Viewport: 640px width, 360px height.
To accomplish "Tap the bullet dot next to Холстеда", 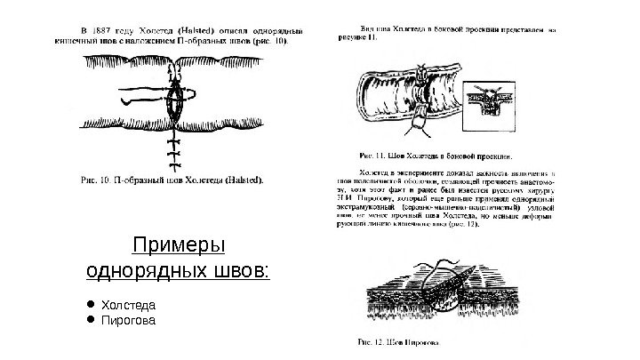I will pos(91,304).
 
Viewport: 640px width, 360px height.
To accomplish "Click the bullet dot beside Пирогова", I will pos(91,319).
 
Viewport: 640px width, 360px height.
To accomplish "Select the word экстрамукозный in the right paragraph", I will pos(366,206).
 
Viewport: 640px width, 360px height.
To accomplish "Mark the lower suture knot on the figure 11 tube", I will pos(414,129).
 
